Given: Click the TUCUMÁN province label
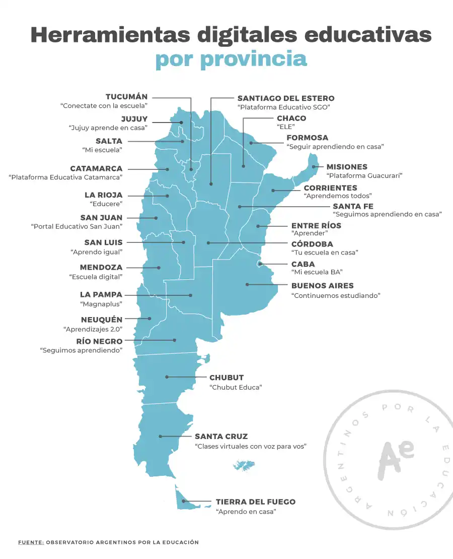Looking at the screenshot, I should coord(126,97).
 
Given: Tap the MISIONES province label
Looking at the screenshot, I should coord(347,167).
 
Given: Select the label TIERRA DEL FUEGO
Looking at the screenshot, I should coord(255,502).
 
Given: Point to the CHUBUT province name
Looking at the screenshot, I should coord(226,378).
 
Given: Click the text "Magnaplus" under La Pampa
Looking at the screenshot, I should coord(101,304).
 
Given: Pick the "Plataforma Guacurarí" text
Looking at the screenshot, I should coord(364,176).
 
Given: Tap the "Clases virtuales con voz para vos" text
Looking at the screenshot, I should coord(251,447).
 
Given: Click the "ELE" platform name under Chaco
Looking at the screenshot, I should coord(285,127).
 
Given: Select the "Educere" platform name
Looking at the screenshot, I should coord(106,204).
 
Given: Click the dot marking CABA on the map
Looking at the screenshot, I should coord(260,264).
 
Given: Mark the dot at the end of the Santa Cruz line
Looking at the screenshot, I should coord(160,437).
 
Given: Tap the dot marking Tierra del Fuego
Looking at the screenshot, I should coord(184,502).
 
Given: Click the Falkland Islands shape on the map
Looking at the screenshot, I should coord(244,465).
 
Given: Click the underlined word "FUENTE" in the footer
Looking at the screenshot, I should coord(30,542).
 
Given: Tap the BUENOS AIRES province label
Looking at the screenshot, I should coord(322,286).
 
